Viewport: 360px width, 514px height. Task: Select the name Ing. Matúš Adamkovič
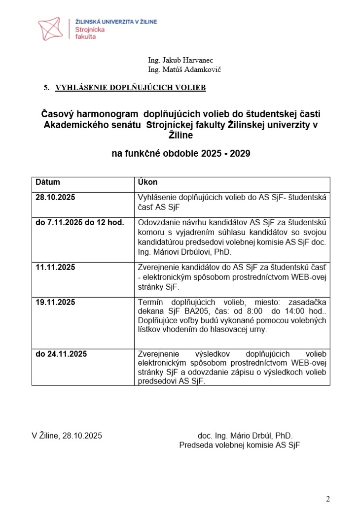184,69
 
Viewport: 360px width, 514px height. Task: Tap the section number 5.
46,88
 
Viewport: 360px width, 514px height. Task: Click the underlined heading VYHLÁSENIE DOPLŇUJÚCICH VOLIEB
130,88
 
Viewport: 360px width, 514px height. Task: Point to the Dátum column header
47,182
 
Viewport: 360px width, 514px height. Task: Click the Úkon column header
147,182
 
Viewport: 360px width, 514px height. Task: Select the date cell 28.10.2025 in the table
55,198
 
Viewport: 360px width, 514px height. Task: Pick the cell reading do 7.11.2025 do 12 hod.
79,222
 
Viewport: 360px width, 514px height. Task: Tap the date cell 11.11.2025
55,268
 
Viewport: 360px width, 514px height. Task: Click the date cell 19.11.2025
55,302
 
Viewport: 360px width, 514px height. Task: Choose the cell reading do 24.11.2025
61,354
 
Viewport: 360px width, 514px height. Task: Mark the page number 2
328,499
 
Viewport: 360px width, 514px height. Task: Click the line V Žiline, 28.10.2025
67,436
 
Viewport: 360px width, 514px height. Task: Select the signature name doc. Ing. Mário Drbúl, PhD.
245,436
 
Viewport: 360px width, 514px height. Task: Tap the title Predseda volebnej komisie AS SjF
239,445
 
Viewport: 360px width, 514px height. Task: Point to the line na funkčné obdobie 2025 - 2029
181,154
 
